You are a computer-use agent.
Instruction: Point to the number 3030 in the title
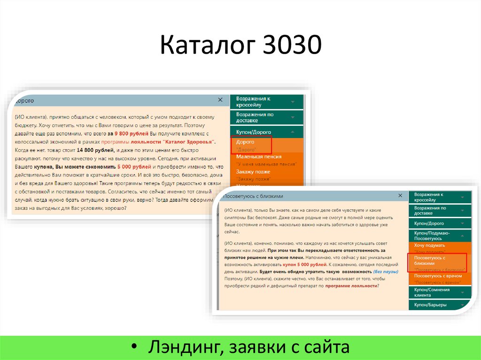coord(291,46)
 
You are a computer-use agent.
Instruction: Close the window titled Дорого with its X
coord(220,100)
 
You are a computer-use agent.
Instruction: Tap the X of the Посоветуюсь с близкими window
coord(400,195)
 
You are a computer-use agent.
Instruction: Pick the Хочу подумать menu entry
coord(429,245)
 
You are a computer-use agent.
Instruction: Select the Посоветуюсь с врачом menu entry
coord(437,276)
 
